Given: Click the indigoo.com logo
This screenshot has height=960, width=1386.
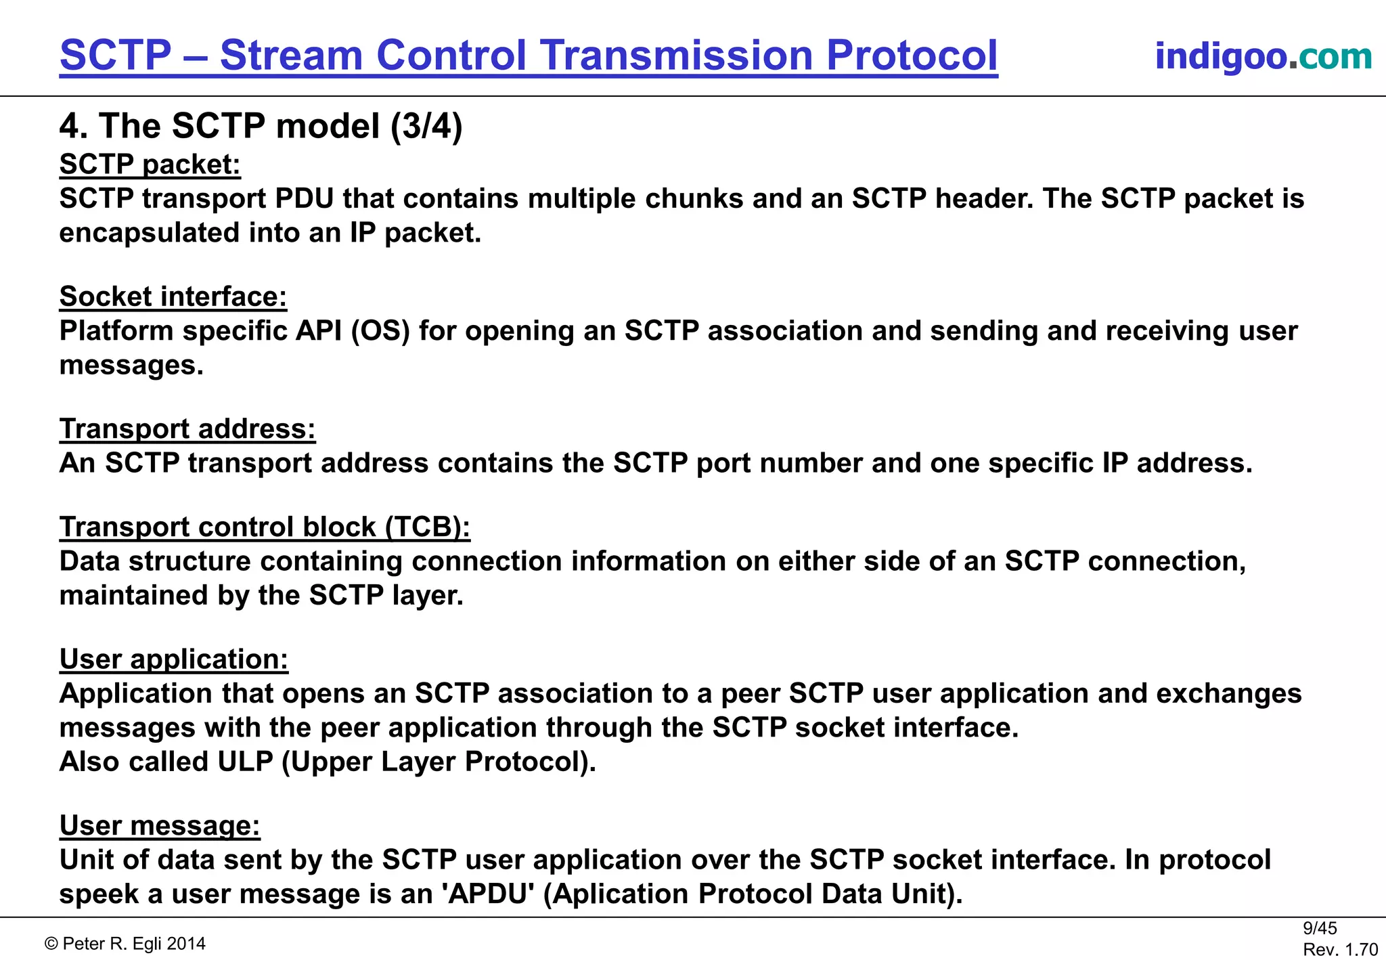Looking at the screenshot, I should pyautogui.click(x=1263, y=56).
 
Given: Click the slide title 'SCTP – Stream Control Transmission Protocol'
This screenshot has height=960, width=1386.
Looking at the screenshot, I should pyautogui.click(x=529, y=55).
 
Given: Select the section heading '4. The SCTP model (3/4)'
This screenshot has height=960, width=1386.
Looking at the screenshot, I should pyautogui.click(x=261, y=126).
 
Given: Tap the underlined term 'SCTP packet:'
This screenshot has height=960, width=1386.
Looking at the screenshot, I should pyautogui.click(x=150, y=165).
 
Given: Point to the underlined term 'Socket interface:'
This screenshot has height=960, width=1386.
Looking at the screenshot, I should pyautogui.click(x=173, y=297).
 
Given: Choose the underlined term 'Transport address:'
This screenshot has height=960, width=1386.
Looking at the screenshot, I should pyautogui.click(x=187, y=429).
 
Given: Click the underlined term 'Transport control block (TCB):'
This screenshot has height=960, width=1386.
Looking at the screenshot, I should pyautogui.click(x=265, y=527).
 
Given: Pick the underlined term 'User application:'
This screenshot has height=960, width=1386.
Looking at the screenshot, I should pyautogui.click(x=173, y=659).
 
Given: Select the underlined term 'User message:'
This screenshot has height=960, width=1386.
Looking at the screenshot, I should pyautogui.click(x=160, y=825).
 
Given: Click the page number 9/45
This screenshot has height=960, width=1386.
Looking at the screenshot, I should pyautogui.click(x=1320, y=928).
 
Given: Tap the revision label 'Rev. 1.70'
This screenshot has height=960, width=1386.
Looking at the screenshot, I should pyautogui.click(x=1340, y=949).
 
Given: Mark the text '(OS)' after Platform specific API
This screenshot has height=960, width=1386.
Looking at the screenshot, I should pyautogui.click(x=380, y=331).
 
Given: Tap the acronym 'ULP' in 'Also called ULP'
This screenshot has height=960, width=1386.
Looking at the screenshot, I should pyautogui.click(x=245, y=762).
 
